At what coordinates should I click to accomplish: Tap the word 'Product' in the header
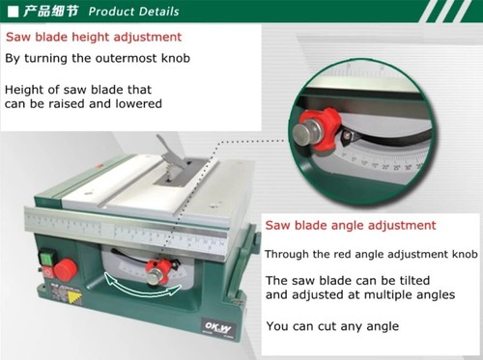[x=113, y=13]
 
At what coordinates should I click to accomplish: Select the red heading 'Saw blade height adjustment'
[x=94, y=38]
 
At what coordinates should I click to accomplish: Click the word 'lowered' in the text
[x=137, y=103]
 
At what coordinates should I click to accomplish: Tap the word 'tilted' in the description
[x=430, y=281]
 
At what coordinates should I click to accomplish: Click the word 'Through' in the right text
[x=289, y=254]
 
